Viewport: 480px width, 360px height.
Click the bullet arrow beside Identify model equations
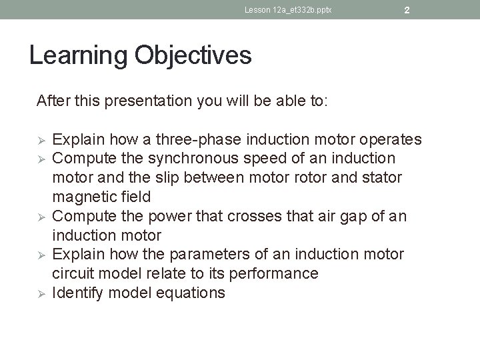coord(40,293)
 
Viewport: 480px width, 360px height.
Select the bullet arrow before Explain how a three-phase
coord(40,140)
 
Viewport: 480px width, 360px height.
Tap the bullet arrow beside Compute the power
coord(40,217)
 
